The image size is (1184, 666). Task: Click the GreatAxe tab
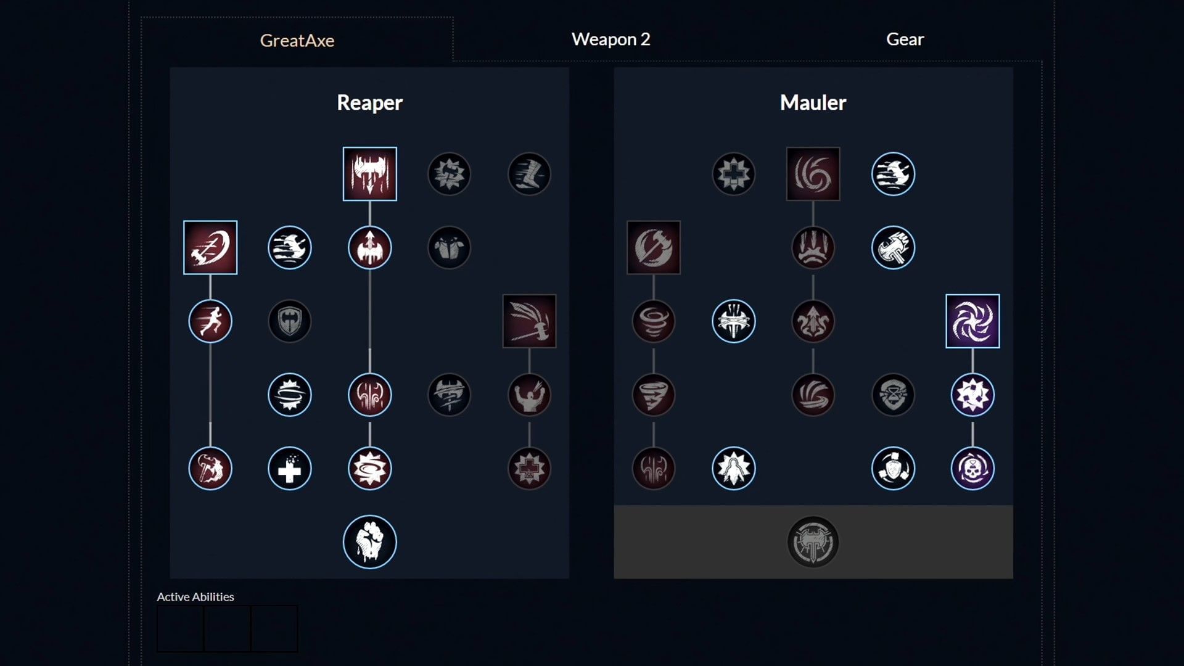297,40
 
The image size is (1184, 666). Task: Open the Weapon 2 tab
610,39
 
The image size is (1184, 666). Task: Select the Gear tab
905,39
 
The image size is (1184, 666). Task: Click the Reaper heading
369,102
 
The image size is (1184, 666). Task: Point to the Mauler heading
813,102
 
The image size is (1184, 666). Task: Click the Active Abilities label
195,596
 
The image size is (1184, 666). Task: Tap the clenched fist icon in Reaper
369,542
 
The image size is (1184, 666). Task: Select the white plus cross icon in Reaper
290,469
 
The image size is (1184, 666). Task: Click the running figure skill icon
210,321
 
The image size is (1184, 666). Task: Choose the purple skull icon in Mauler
972,469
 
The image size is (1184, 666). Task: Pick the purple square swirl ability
972,321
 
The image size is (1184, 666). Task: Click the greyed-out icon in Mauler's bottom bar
813,542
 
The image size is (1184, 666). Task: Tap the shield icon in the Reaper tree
290,321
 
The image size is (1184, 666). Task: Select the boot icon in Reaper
529,174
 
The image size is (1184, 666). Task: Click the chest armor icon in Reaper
449,248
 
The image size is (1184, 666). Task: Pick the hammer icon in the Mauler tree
893,248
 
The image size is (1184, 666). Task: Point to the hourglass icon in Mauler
893,395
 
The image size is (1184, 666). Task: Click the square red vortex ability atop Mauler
813,174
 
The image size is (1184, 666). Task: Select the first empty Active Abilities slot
180,628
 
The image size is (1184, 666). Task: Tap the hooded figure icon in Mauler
733,469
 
